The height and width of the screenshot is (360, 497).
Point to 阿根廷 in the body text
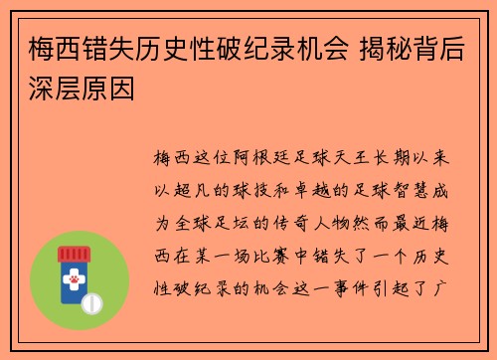[x=262, y=158]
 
